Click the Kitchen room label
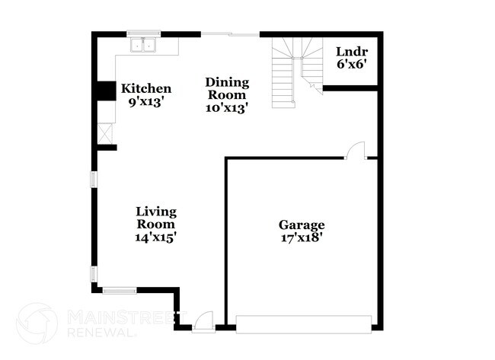(x=146, y=89)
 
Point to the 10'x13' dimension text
(x=228, y=107)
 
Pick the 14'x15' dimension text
(x=156, y=237)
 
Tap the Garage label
(x=302, y=225)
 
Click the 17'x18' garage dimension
(x=302, y=237)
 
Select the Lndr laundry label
(x=351, y=52)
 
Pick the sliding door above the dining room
(x=231, y=34)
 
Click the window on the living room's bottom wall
(x=120, y=289)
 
